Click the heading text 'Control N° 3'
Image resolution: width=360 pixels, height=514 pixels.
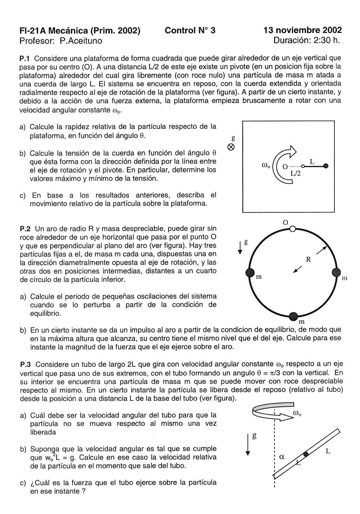(x=190, y=30)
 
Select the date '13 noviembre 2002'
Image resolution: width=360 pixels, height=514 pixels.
(x=303, y=30)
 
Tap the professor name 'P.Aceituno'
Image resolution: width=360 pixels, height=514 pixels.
(x=81, y=41)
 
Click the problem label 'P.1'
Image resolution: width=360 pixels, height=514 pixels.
(x=26, y=58)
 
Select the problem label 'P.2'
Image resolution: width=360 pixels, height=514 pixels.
(x=26, y=229)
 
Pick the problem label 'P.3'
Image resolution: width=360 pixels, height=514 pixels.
(x=26, y=365)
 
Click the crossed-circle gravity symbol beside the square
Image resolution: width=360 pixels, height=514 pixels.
(x=231, y=148)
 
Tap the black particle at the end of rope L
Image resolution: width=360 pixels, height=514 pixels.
(x=326, y=166)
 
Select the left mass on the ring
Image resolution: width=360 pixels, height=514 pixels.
(x=250, y=273)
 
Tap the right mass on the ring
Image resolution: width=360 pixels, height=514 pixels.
(x=336, y=272)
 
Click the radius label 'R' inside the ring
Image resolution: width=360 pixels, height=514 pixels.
(x=308, y=260)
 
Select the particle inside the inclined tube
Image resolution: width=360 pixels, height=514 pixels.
(x=306, y=454)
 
